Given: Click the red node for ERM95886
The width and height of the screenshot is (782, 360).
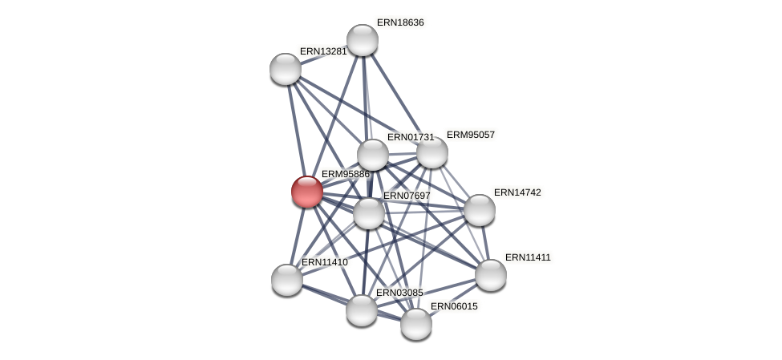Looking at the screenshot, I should point(306,192).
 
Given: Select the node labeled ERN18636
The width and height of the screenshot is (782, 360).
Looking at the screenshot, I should point(363,40).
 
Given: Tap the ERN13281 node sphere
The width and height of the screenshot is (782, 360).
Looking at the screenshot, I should point(286,69).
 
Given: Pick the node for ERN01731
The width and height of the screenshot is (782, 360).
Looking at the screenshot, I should point(373,155).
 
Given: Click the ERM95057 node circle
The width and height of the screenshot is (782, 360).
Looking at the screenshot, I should point(432,152).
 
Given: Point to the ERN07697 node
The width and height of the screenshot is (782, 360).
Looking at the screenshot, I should point(369,213).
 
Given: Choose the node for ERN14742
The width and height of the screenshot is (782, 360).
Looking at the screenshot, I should point(480,210).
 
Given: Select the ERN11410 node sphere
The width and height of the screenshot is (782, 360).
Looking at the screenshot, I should point(287,280).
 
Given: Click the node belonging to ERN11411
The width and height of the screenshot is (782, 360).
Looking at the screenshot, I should point(491,275).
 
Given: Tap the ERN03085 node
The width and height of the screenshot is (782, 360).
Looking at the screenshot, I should point(362,310).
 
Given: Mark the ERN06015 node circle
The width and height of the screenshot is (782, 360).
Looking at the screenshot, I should point(416,324).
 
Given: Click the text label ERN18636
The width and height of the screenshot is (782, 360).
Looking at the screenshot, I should point(400,22).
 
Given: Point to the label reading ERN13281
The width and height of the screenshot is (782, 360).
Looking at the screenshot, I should point(323,51).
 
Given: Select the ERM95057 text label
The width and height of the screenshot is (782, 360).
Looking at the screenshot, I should point(471,135).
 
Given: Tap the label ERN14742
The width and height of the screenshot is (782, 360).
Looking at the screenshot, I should point(517,192).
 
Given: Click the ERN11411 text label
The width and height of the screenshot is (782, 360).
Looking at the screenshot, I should point(528,257).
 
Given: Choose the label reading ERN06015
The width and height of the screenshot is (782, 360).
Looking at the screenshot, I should point(454,306).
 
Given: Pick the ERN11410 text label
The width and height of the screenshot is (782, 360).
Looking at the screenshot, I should point(325,262).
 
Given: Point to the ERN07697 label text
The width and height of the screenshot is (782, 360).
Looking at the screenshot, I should point(407,196).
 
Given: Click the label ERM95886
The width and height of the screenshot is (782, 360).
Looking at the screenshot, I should point(346,174).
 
